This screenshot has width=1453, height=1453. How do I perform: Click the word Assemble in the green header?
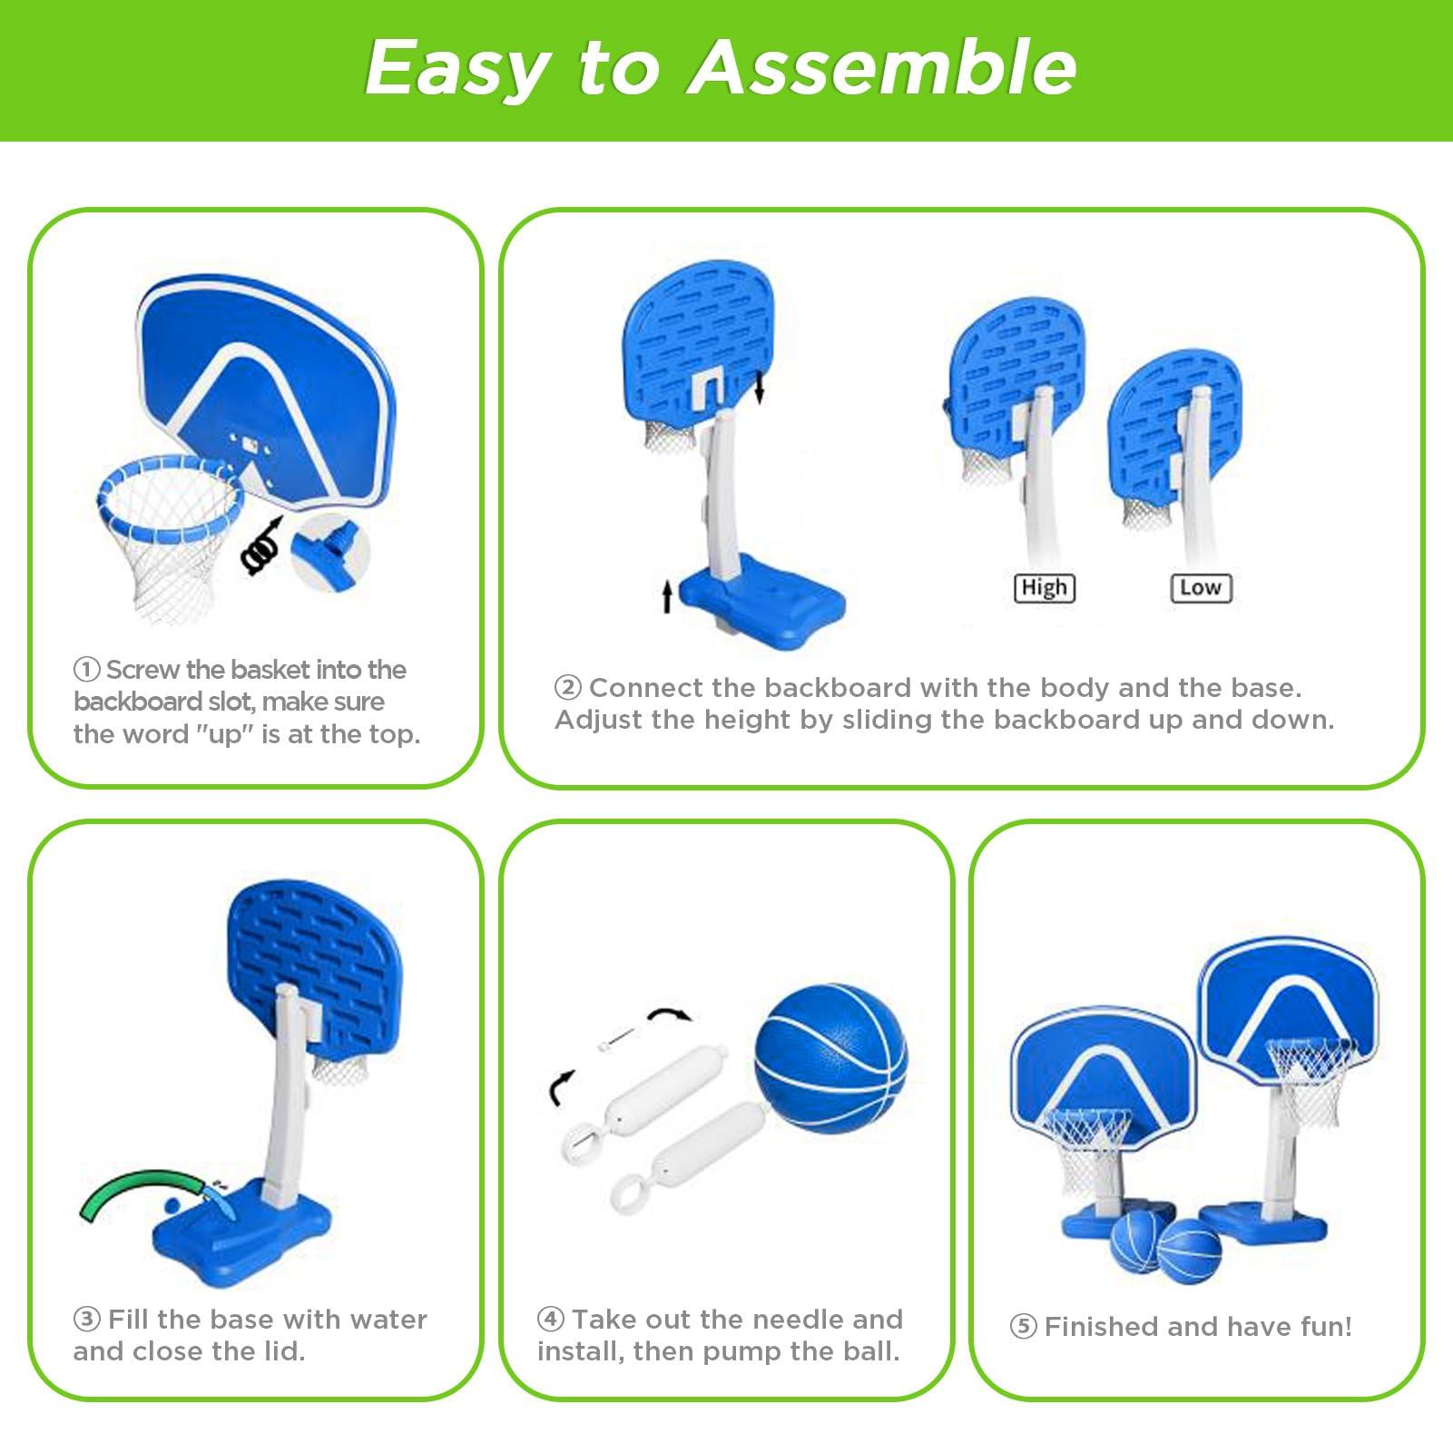(882, 67)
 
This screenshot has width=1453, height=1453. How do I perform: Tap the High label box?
(1044, 588)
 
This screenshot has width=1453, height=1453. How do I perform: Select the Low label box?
(1201, 588)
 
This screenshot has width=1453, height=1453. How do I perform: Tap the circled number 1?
(86, 670)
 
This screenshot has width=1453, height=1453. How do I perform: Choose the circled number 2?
(568, 688)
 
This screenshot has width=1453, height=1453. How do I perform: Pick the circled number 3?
(86, 1319)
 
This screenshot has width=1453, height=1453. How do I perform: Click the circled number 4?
(550, 1319)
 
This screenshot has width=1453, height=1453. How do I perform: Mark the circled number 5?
(1023, 1327)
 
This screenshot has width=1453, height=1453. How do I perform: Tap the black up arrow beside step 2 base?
(667, 597)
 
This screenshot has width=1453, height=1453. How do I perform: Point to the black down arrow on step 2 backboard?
(760, 387)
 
